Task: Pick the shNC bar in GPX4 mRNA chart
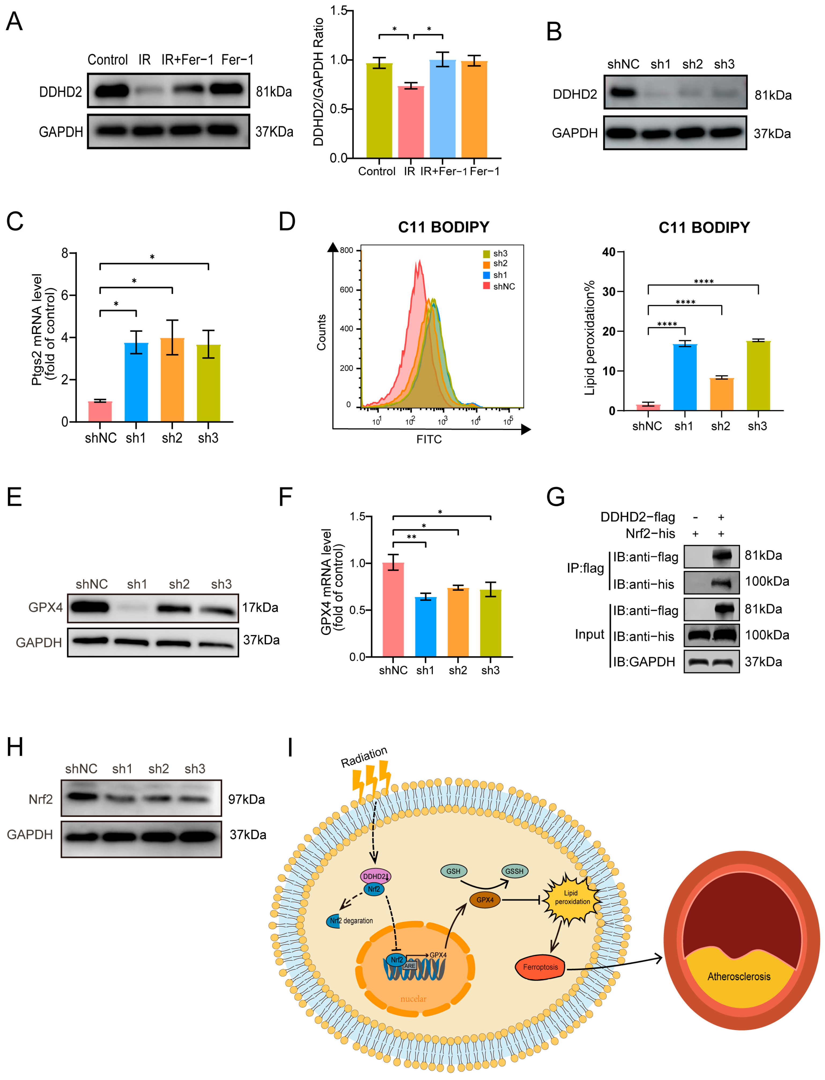point(393,609)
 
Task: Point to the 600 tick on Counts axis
point(346,290)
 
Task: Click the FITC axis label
point(429,439)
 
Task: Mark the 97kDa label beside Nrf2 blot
point(246,799)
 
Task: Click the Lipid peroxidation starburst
point(571,897)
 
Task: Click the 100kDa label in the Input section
point(767,635)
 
